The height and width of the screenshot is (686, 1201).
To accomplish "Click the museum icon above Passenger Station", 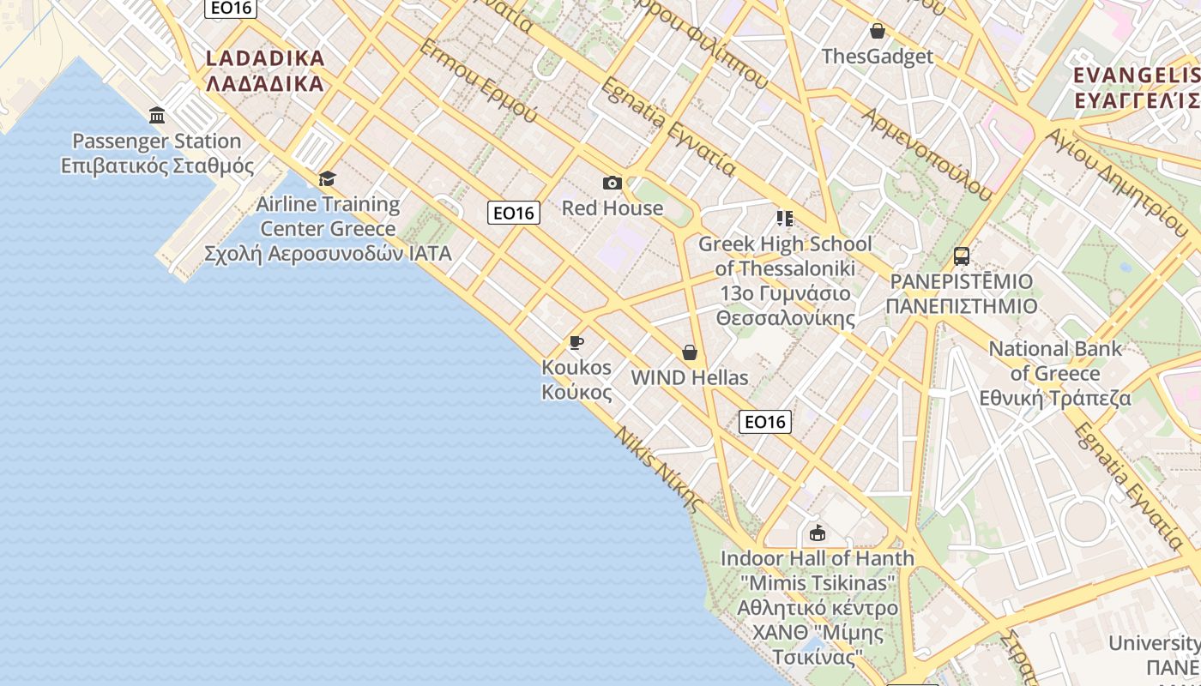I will [x=157, y=115].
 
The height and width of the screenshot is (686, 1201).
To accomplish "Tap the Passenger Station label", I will [x=157, y=153].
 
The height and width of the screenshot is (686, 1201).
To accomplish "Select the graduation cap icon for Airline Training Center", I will [x=327, y=178].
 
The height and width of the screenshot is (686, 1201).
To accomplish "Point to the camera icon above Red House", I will [x=612, y=183].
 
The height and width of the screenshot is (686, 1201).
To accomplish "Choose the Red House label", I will [x=613, y=208].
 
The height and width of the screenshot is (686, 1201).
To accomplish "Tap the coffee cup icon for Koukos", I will [x=576, y=343].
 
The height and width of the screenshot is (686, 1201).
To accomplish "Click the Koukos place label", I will [x=576, y=379].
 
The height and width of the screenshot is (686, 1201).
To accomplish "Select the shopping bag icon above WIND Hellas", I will [x=689, y=352].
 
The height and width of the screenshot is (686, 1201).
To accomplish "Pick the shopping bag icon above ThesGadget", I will [x=877, y=32].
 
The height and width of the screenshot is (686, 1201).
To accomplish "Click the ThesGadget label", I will [x=877, y=57].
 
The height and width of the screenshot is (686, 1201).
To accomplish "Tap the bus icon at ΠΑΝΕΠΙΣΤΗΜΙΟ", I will [x=961, y=256].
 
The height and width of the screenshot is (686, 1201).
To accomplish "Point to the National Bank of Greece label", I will [x=1055, y=373].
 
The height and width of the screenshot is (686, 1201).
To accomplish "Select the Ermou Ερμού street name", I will [x=478, y=81].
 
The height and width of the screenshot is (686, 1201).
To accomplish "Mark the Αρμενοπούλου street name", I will [x=927, y=154].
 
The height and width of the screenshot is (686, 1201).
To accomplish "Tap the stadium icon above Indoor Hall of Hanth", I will [x=817, y=533].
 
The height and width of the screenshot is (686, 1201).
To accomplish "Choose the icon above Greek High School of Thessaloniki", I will [x=784, y=219].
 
